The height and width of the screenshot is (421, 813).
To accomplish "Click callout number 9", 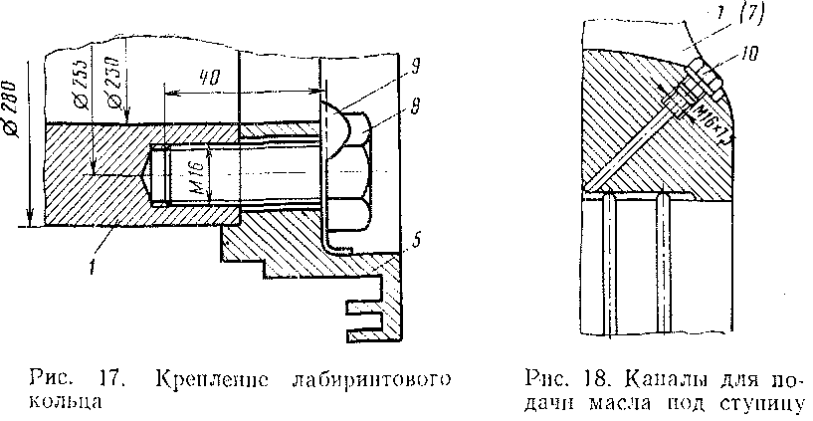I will [412, 67].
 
